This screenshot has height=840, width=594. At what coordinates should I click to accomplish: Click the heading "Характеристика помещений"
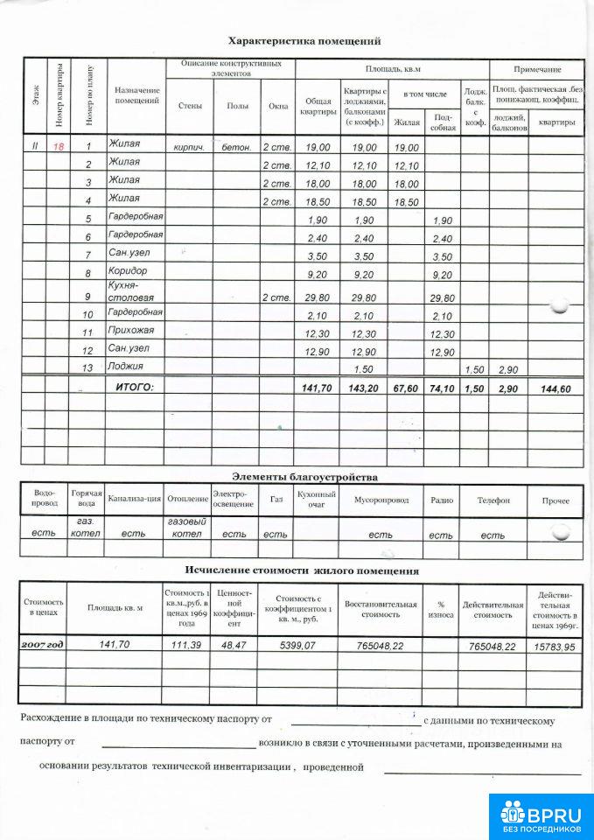pyautogui.click(x=304, y=41)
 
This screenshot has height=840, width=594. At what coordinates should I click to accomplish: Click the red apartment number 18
pyautogui.click(x=59, y=147)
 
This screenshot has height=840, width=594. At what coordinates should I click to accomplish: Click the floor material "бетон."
pyautogui.click(x=236, y=148)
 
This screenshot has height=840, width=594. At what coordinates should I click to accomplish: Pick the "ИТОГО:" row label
pyautogui.click(x=135, y=386)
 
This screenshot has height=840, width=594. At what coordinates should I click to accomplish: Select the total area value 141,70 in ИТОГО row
pyautogui.click(x=317, y=388)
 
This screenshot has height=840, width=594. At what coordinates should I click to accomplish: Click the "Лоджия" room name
pyautogui.click(x=126, y=366)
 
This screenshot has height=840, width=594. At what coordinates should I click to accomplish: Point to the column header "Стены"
pyautogui.click(x=190, y=106)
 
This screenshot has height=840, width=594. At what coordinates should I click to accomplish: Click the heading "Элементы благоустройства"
pyautogui.click(x=304, y=477)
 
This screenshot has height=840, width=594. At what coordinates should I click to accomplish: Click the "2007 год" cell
pyautogui.click(x=43, y=644)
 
